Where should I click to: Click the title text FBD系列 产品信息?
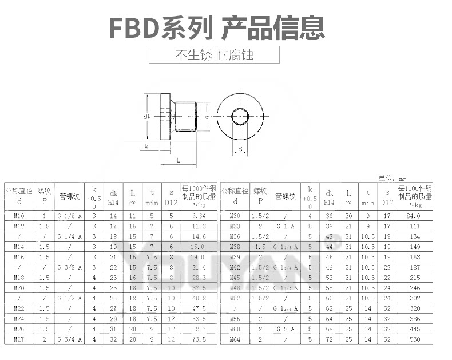(217, 27)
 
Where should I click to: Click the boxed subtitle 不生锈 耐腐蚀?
(214, 55)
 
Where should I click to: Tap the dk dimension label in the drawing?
(147, 117)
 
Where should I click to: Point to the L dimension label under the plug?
(178, 160)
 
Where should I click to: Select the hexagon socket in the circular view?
(240, 117)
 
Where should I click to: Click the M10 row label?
(19, 216)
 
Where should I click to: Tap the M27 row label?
(19, 339)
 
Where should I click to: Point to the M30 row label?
(235, 216)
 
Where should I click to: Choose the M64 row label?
(235, 339)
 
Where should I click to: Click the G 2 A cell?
(285, 329)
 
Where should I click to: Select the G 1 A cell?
(285, 227)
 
